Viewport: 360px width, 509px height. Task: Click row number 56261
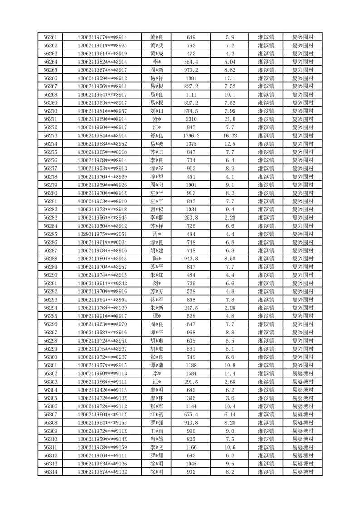50,37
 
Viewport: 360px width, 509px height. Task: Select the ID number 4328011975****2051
102,234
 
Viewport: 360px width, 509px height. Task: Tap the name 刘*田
156,111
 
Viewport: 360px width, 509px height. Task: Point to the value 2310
191,119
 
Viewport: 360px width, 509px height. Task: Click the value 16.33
229,136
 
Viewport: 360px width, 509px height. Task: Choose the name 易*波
156,144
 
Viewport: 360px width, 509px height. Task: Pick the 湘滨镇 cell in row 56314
266,472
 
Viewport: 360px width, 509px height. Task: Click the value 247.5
191,308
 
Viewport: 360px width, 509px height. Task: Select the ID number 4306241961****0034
102,242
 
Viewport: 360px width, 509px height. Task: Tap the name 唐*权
156,210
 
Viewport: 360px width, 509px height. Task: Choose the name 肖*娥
156,439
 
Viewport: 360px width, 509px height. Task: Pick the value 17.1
229,78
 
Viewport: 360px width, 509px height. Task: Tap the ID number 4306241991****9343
102,284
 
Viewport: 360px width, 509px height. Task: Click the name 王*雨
156,431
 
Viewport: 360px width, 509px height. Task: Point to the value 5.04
229,62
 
